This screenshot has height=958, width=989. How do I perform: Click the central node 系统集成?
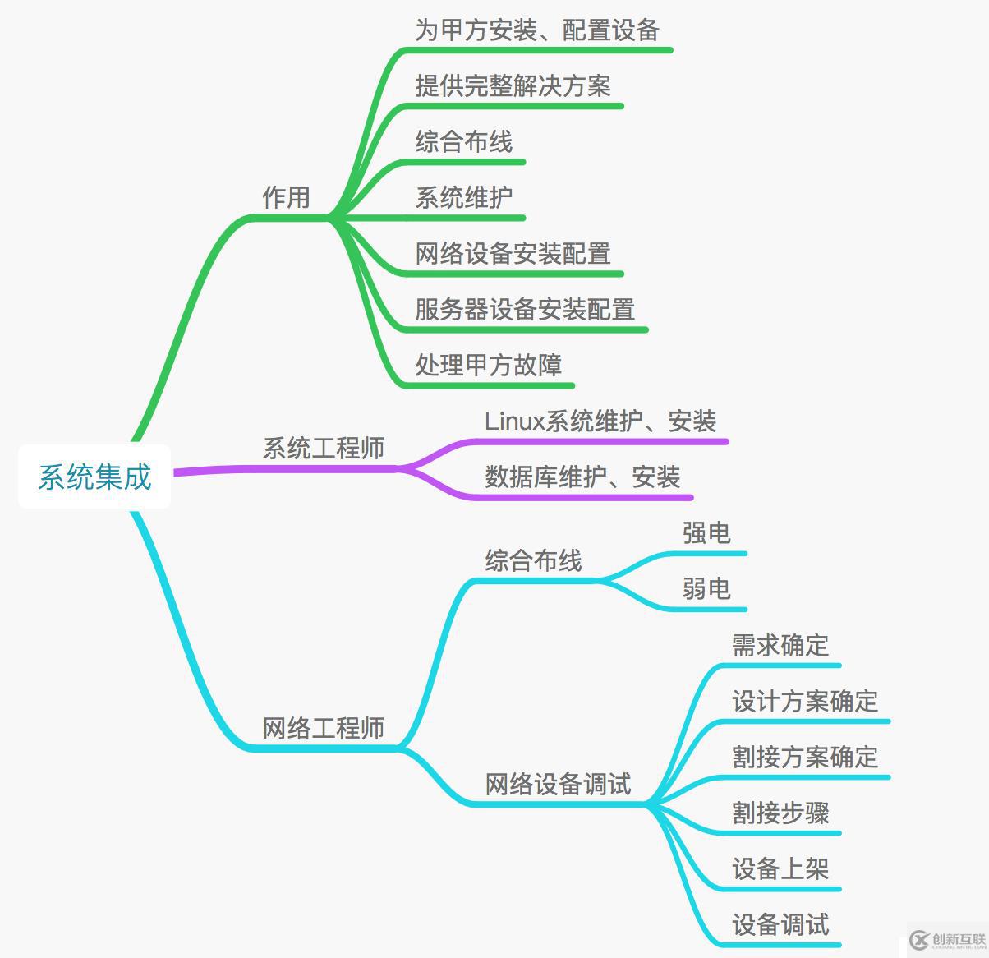[94, 477]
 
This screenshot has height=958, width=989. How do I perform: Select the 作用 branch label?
[286, 197]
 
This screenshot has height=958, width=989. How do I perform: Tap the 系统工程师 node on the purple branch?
[324, 449]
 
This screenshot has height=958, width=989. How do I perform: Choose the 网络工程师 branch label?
[324, 729]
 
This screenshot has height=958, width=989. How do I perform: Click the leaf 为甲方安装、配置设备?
[537, 30]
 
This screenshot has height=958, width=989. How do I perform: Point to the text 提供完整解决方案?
[513, 86]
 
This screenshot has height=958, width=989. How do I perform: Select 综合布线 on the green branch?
[464, 142]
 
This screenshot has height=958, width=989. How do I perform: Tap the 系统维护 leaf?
[464, 198]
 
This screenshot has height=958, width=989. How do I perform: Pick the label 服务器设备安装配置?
[525, 310]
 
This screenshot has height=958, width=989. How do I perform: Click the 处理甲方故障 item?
[489, 366]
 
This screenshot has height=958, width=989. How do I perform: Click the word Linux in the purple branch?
[515, 421]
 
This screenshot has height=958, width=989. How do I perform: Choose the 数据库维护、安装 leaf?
[582, 477]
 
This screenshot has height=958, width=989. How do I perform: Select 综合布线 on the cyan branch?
[534, 561]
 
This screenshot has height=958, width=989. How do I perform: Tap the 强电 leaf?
[706, 533]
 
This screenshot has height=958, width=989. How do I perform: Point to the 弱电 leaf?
[706, 589]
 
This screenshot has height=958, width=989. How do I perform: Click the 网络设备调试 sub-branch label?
[559, 785]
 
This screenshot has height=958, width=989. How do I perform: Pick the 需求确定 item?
[780, 646]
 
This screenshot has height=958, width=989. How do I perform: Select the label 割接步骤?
[780, 813]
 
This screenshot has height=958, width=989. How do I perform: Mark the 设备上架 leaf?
[780, 869]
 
